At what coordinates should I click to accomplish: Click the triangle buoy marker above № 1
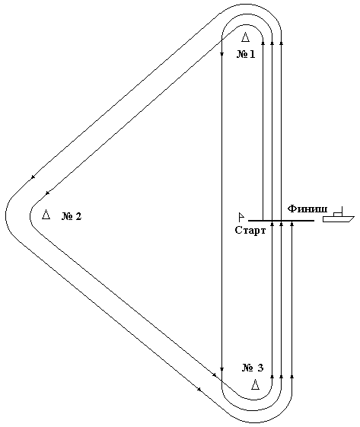[245, 37]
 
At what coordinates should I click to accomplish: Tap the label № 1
[246, 54]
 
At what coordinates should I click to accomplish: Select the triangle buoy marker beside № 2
[46, 215]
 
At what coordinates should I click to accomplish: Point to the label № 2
[72, 216]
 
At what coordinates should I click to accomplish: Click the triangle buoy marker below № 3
[255, 384]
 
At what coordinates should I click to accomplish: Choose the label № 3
[253, 368]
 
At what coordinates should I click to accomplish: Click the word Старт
[250, 231]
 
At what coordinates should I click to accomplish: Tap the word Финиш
[307, 209]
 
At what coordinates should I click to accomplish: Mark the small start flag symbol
[241, 217]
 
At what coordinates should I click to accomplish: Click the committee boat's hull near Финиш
[338, 219]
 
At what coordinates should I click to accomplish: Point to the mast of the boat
[342, 210]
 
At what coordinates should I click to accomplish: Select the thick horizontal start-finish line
[281, 220]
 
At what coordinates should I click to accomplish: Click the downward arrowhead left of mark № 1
[221, 54]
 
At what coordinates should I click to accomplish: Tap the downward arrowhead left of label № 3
[221, 369]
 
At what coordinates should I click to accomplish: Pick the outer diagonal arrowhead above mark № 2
[33, 177]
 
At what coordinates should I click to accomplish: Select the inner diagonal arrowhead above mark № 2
[47, 193]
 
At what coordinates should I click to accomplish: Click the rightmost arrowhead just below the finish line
[292, 224]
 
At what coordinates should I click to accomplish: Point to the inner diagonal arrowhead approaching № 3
[215, 375]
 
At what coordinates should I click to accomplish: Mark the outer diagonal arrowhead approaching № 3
[199, 389]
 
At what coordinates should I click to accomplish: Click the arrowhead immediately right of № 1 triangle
[263, 43]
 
